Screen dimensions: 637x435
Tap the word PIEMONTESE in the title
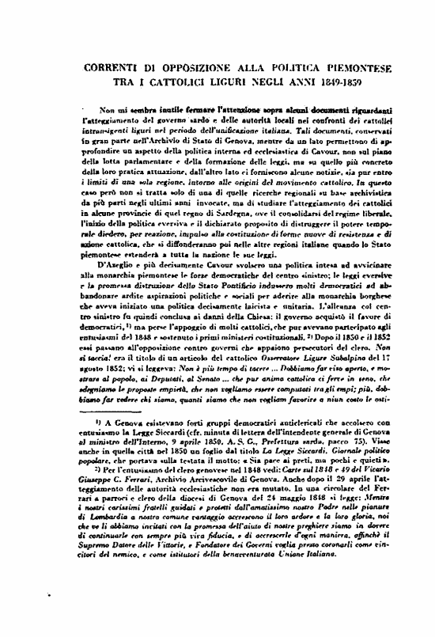pyautogui.click(x=366, y=69)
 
